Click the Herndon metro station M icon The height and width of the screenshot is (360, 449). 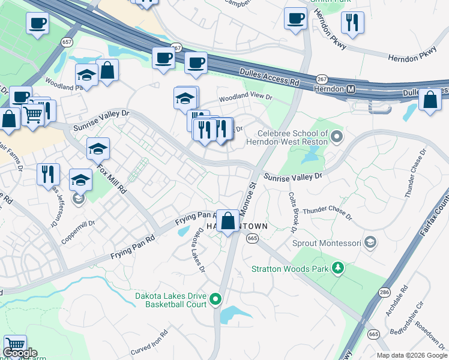(x=352, y=89)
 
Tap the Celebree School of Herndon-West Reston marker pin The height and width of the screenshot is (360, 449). (x=337, y=137)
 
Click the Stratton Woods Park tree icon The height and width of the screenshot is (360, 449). (x=339, y=268)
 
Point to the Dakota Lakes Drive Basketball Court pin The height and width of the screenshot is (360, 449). (x=217, y=300)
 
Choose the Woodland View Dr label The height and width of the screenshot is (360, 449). (x=245, y=97)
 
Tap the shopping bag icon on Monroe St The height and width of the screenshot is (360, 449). (x=228, y=220)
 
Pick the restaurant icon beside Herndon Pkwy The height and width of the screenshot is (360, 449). (x=352, y=22)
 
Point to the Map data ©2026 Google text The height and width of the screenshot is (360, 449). (x=412, y=355)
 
